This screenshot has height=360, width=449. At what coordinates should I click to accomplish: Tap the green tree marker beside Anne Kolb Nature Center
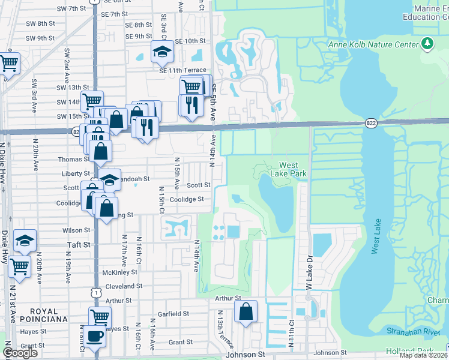pos(427,43)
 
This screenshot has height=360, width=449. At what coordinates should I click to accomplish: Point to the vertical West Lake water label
pos(375,235)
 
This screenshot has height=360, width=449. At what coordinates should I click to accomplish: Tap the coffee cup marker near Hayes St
pos(94,337)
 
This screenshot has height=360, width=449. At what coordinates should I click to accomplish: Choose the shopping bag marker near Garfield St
pos(246,311)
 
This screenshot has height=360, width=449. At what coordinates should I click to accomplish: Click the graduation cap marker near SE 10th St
pos(161,52)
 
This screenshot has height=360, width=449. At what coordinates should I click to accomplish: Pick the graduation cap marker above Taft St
pos(25,241)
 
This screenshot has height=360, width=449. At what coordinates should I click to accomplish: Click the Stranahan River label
pos(420,329)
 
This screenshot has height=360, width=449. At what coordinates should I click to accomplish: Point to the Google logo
pos(20,353)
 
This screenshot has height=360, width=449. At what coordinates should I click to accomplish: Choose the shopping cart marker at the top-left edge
pos(8,63)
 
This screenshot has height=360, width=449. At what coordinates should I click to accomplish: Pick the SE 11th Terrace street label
pos(182,70)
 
